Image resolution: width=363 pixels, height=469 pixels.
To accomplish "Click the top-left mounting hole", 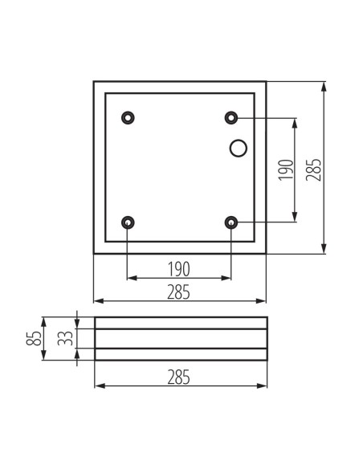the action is coord(128,117).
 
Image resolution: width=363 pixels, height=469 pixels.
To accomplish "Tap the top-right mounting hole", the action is coord(231,117).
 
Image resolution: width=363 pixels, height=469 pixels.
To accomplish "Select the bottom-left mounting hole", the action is coord(128,222).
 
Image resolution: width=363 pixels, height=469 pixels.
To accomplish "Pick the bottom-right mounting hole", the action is coord(231,222).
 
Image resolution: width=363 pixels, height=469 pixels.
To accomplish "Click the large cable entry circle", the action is coord(239,149).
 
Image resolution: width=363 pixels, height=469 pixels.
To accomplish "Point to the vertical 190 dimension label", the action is coord(286,170).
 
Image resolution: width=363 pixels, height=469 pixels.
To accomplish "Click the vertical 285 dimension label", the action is coord(313,169).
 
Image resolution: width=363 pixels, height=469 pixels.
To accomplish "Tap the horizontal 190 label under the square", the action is coord(179,269).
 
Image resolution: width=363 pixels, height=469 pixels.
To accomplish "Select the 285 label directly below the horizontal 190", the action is coord(178,292).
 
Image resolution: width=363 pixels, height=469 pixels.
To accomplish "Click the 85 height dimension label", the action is coord(34,338).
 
